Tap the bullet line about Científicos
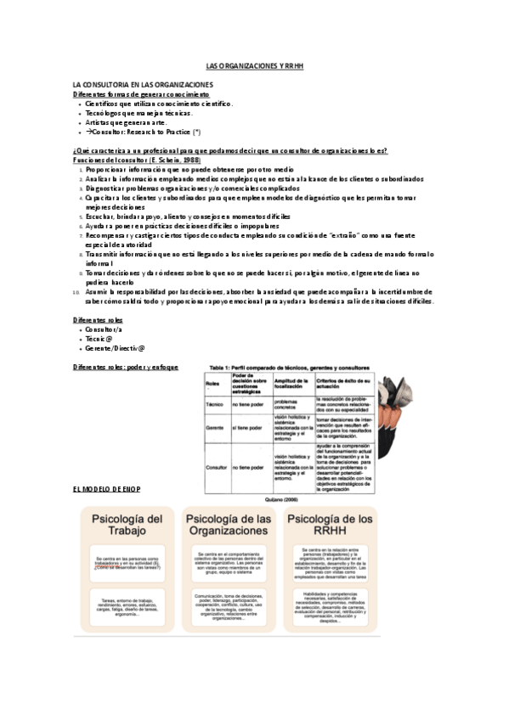click(x=157, y=104)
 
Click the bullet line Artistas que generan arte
click(x=127, y=122)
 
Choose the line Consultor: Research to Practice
click(x=144, y=132)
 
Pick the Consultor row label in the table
click(x=216, y=468)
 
